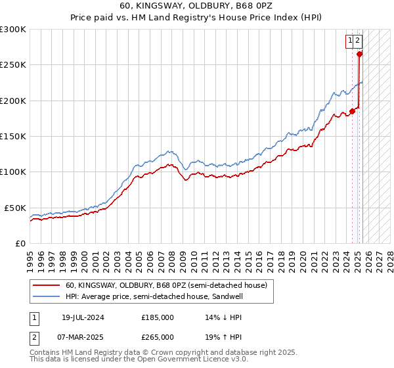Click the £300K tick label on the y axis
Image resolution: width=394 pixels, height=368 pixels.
click(x=12, y=30)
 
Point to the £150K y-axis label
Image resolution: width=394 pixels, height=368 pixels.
click(x=12, y=137)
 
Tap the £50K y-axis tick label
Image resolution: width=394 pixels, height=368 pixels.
click(x=14, y=208)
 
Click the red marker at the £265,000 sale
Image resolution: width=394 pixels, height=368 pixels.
click(x=360, y=55)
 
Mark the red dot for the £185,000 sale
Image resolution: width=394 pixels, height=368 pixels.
click(x=353, y=111)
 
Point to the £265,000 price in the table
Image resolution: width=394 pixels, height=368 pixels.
click(x=158, y=336)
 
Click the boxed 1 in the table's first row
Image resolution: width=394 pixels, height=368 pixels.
click(x=33, y=317)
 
